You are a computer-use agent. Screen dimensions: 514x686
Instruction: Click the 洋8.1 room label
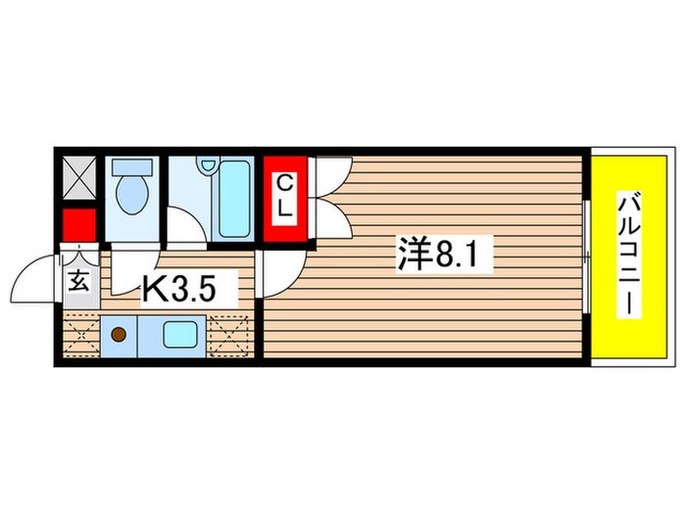coord(444,257)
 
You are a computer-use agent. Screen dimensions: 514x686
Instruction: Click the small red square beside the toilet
coord(78,225)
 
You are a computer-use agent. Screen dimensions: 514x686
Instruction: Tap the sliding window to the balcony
coord(585,257)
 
